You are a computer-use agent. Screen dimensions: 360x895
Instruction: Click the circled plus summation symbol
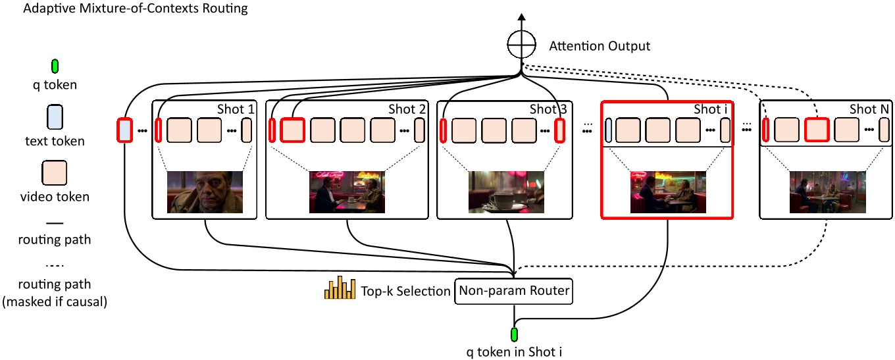pos(521,45)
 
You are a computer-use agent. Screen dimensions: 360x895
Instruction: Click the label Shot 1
pos(235,109)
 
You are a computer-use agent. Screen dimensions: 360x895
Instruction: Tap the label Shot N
pos(865,109)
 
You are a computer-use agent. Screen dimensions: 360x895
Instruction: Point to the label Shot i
pos(710,109)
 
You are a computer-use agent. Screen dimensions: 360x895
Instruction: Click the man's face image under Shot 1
pos(205,192)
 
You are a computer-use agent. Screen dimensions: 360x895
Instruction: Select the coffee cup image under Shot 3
pos(506,192)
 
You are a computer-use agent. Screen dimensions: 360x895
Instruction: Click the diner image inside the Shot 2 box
pos(347,192)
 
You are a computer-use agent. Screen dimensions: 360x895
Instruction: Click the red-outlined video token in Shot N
pos(816,130)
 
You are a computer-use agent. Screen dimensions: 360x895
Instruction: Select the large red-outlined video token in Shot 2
pos(292,130)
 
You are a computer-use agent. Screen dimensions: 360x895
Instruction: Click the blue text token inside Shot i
pos(609,130)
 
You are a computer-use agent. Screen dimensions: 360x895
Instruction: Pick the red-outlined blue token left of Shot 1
pos(124,130)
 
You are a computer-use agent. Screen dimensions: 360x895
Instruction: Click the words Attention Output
pos(600,46)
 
